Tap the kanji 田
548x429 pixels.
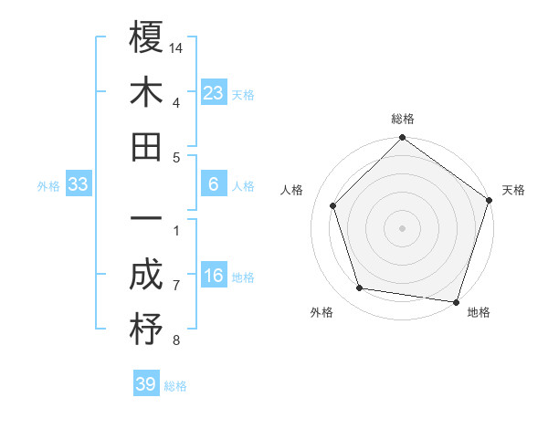[x=146, y=146]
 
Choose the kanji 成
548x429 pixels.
[x=146, y=275]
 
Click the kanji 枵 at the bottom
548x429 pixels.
[x=146, y=330]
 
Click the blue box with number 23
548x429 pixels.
[x=214, y=92]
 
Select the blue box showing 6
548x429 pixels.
[x=214, y=184]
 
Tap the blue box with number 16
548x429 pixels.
[x=214, y=276]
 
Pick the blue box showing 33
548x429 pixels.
[x=79, y=184]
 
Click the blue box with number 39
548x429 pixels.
[x=146, y=384]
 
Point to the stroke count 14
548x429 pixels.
[x=177, y=47]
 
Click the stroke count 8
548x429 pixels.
[x=176, y=341]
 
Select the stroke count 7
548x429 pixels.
[x=176, y=287]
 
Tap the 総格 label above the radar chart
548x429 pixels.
[x=403, y=120]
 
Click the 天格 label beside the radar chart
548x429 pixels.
[x=513, y=191]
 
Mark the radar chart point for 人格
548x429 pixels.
[x=333, y=205]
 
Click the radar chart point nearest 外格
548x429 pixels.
[x=360, y=288]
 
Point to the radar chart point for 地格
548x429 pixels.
[x=456, y=301]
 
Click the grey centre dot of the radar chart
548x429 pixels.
[x=403, y=227]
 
